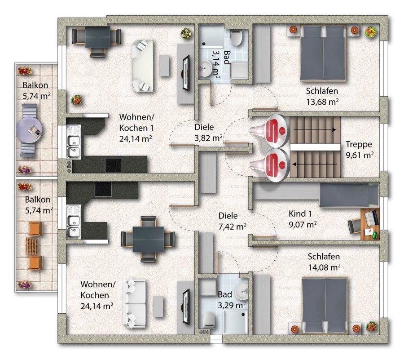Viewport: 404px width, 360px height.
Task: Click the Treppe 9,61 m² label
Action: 360,150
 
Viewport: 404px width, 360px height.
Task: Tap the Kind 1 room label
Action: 300,214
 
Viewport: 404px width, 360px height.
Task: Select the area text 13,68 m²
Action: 322,102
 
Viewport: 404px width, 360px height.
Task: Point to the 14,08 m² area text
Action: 324,267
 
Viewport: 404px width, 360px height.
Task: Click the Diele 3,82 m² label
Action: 208,133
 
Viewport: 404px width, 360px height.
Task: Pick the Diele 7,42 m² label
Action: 232,221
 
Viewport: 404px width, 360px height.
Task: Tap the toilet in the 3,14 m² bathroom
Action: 236,38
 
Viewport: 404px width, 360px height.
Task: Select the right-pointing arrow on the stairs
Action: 315,129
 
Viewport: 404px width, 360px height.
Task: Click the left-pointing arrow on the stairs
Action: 314,164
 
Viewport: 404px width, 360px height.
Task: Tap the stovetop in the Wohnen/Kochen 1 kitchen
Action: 114,165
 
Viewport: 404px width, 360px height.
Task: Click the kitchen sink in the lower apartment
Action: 74,222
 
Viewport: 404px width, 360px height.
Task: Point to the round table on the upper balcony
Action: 29,130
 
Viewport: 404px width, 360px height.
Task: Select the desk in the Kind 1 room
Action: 370,224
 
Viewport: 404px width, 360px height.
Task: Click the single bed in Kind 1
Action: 349,195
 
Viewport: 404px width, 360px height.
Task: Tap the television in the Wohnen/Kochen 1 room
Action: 186,74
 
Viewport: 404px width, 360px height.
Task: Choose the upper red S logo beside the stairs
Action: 277,131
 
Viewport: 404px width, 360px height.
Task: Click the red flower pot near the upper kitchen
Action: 76,99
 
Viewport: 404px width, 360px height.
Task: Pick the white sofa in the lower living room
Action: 135,304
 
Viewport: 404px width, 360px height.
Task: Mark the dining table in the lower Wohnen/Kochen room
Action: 148,239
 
